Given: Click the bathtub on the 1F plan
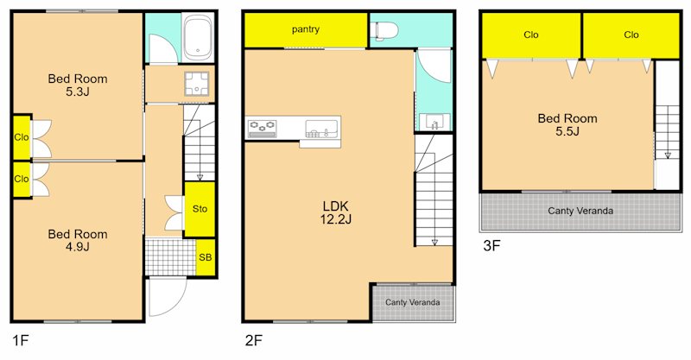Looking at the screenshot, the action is point(198,37).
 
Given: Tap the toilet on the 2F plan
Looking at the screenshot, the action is point(384,31).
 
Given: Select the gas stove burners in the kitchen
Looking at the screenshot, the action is point(263,128).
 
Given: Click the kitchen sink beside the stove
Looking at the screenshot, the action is point(321,129).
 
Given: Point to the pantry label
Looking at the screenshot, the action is point(306,29).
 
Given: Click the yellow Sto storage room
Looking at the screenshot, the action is point(200,209).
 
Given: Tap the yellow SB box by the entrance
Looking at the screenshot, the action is point(206,257).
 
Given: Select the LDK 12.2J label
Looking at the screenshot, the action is point(335,212).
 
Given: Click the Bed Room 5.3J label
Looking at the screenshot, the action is point(78,85).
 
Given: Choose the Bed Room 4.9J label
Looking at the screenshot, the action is point(78,240).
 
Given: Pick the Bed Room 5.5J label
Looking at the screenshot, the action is point(567,124).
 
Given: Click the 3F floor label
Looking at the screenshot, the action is point(491,245).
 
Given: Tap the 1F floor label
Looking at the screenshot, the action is point(20,340).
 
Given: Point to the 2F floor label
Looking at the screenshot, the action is point(253,340).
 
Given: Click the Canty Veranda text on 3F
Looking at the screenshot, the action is point(580,211).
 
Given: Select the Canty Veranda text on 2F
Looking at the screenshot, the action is point(413,302).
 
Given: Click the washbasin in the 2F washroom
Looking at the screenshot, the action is point(434,122).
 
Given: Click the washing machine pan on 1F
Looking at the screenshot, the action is point(197,84).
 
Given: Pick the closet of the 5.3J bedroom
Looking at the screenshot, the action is point(21,137).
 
